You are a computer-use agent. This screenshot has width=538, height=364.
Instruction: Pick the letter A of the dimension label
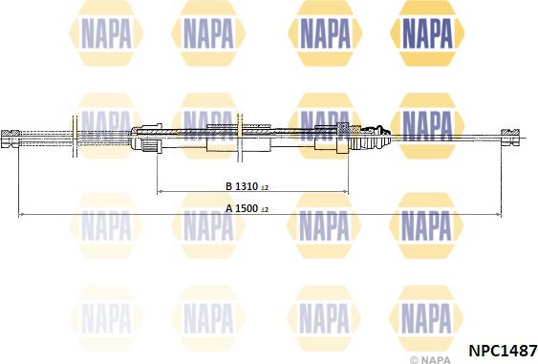[228, 208]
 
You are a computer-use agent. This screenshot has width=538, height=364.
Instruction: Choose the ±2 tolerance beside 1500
[265, 209]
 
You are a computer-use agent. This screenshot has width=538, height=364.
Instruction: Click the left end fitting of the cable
[12, 138]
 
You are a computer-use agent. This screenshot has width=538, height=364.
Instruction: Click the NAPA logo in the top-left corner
[106, 36]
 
